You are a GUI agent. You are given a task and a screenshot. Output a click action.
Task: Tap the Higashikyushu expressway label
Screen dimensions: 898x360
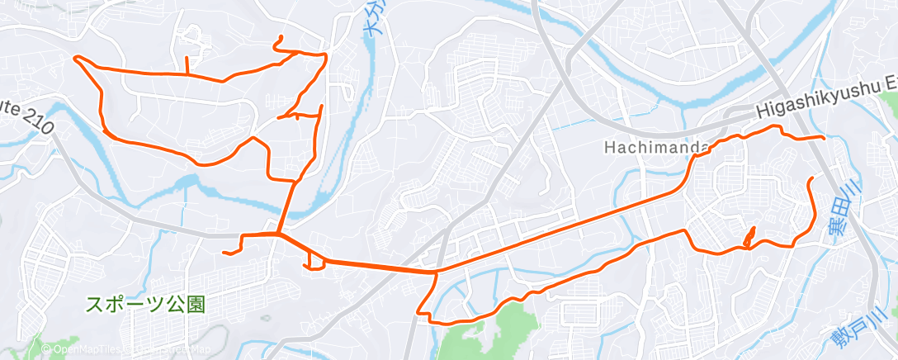coord(825,107)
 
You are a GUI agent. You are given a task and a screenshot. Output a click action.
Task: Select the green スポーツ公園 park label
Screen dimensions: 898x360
coord(145,303)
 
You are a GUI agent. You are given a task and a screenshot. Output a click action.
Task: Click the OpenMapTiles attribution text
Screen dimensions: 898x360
coord(82,350)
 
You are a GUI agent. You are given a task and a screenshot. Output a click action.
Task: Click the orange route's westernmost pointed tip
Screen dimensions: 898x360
coord(75,57)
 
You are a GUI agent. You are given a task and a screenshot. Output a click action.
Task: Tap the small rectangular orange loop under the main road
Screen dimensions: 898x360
coord(314,261)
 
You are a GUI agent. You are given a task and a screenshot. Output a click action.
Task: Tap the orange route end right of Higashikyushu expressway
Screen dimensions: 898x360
coord(822,137)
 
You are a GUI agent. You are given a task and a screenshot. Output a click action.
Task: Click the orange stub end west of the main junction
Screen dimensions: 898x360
coord(224,252)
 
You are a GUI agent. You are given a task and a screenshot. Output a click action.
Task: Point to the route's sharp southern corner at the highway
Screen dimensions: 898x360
coord(420,313)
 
